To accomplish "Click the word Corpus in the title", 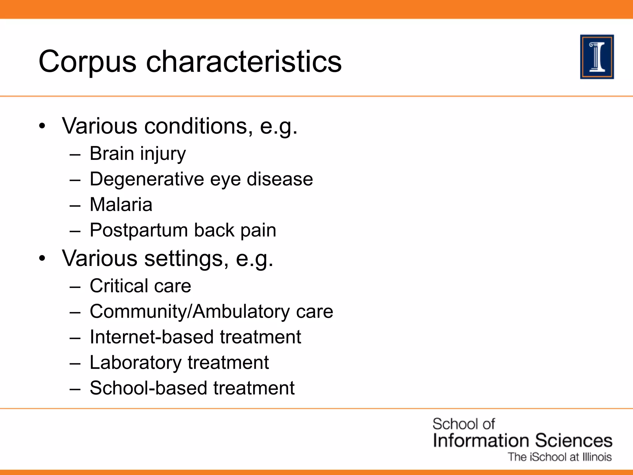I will [87, 62].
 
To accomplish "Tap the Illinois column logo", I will [597, 57].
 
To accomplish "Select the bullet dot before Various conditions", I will [42, 126].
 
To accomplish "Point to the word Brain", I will [112, 153].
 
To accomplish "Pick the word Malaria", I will [121, 205].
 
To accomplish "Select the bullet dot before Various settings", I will [42, 258].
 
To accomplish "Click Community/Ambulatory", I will [189, 311].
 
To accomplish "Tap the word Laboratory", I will [135, 362].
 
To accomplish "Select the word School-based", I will [148, 388].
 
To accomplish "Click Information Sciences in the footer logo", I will [522, 440].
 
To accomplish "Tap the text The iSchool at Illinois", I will [559, 457].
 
